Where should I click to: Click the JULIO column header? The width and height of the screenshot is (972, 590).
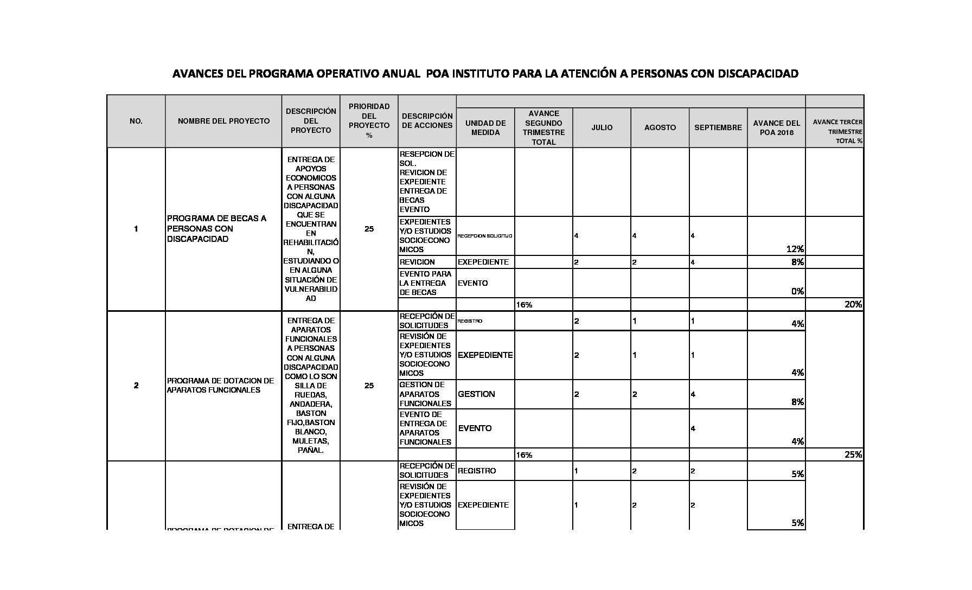(602, 127)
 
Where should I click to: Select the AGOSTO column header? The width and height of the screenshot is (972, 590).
(660, 127)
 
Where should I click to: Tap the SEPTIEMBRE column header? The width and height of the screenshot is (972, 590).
(718, 127)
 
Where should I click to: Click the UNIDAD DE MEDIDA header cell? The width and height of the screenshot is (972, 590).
(485, 127)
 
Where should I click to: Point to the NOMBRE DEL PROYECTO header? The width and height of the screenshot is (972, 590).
(223, 121)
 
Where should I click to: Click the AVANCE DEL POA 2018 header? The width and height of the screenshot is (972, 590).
(776, 127)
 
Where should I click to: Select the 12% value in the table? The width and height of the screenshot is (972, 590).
(795, 249)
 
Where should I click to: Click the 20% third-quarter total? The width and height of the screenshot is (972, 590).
(853, 304)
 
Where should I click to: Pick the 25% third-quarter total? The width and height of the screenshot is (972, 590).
(853, 454)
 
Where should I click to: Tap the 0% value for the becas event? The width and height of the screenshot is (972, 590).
(797, 291)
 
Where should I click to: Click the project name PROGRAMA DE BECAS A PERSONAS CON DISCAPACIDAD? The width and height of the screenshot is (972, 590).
(217, 228)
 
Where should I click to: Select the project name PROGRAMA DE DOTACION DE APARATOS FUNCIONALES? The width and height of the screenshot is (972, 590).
(220, 385)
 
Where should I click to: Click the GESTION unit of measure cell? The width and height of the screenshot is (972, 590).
(476, 394)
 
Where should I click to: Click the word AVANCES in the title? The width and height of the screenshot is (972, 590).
(196, 73)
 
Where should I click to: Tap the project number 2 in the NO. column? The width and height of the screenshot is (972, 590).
(136, 386)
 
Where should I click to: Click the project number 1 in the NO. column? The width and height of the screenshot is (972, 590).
(136, 229)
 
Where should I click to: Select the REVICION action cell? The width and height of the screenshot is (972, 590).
(417, 262)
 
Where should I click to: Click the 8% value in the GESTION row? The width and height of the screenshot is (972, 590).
(797, 402)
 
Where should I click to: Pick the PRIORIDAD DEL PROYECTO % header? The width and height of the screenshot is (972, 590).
(369, 120)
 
